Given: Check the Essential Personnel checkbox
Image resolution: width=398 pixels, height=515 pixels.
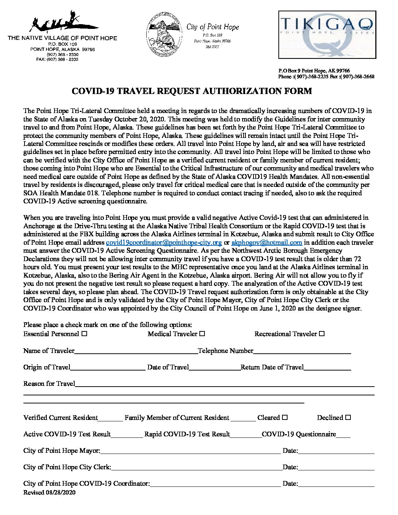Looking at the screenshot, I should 85,334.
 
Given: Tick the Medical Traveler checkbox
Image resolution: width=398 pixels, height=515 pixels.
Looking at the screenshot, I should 202,334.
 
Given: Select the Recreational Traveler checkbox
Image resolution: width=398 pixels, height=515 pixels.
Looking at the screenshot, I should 322,334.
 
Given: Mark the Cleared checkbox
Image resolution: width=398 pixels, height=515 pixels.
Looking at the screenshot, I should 285,417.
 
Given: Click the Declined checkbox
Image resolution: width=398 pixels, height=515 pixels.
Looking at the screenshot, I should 348,417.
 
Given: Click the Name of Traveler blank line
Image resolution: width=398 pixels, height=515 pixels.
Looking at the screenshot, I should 136,351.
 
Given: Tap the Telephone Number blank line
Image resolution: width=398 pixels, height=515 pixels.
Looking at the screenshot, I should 302,351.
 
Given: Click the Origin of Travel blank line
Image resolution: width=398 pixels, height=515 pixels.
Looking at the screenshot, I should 108,368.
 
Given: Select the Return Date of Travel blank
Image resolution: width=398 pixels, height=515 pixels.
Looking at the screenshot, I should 327,368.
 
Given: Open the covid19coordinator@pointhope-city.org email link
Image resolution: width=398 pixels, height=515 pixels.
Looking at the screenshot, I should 164,243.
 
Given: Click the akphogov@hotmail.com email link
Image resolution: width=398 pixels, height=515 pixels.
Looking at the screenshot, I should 267,243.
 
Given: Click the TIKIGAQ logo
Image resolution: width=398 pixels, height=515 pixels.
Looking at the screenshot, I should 327,34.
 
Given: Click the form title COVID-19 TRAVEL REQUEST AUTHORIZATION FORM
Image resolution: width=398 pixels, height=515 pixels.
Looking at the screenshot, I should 192,91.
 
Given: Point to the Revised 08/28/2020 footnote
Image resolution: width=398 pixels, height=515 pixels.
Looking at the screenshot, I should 49,492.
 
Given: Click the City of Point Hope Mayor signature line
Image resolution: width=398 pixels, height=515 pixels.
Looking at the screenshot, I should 190,451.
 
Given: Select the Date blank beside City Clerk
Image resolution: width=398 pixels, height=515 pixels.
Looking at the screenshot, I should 336,467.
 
